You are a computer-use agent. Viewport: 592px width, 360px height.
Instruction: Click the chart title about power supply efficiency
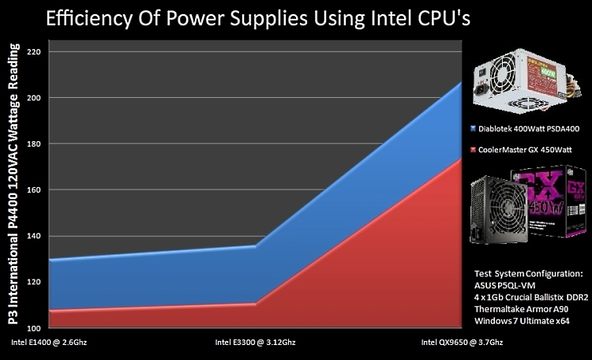258,18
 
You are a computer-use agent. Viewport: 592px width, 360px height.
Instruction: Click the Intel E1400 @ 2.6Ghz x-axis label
47,343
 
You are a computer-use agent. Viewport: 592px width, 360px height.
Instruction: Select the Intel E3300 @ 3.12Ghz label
255,343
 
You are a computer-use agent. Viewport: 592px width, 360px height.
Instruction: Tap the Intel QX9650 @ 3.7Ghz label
462,343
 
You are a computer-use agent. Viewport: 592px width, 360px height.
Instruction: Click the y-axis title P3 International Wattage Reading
14,189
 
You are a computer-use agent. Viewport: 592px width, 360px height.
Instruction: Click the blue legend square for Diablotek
472,128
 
